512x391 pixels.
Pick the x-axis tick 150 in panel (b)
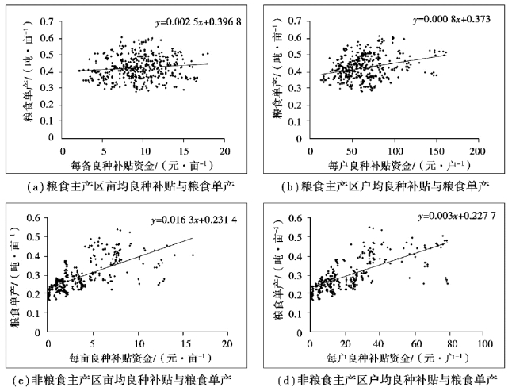[434, 151]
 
